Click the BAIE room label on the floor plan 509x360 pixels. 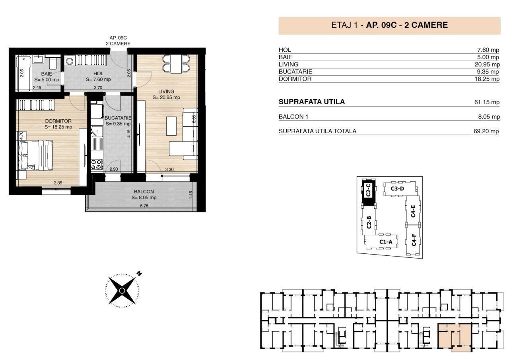47,74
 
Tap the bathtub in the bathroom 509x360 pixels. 23,73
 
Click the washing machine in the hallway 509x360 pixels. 69,61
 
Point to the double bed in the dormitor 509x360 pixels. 35,155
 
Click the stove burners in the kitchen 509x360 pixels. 96,165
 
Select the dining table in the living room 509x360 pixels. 176,64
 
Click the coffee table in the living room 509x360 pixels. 171,126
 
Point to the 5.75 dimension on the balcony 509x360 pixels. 144,206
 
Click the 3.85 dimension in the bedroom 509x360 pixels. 58,183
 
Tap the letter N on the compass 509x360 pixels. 139,274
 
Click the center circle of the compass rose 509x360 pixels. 122,290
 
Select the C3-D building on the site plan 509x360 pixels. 400,189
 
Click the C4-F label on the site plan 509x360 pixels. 414,240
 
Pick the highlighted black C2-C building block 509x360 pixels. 368,192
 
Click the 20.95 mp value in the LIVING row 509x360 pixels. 487,64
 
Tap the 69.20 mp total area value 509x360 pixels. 486,131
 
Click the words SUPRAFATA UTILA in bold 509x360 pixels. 312,102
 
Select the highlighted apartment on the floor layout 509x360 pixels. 454,338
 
